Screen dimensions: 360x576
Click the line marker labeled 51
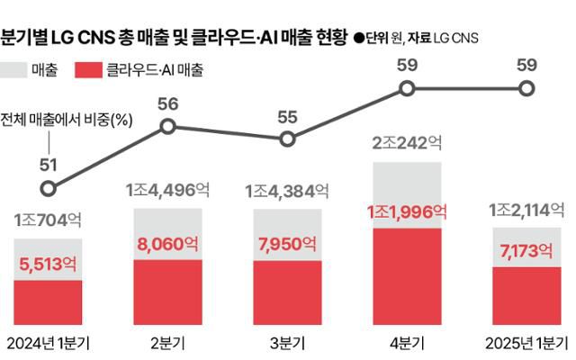[49, 189]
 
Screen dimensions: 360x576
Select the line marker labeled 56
[167, 127]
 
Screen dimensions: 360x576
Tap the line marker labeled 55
[287, 139]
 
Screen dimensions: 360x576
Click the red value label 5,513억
[49, 265]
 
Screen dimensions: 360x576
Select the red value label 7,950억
[287, 245]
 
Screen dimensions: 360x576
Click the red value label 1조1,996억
[406, 212]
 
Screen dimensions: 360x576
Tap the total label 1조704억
[49, 220]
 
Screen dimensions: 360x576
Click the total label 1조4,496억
[167, 190]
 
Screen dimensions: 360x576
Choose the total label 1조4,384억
[287, 191]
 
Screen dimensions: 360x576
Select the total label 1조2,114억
[526, 210]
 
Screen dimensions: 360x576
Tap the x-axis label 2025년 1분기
[526, 342]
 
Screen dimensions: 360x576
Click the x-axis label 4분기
[406, 342]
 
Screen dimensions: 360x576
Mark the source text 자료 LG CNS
[441, 39]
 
